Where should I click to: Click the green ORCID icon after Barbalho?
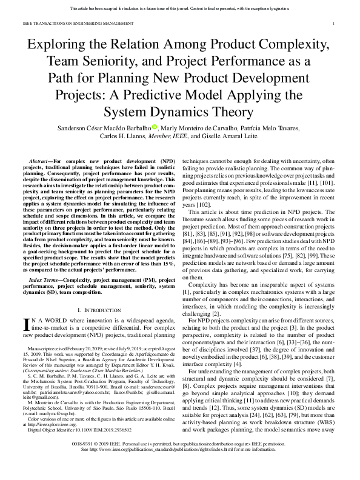click(155, 127)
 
